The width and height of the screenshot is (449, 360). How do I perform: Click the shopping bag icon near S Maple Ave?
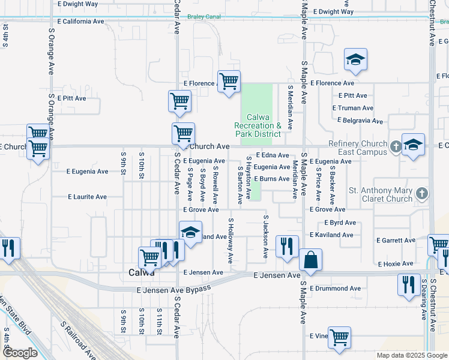tap(310, 260)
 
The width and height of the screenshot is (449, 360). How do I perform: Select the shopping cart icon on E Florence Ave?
tap(229, 82)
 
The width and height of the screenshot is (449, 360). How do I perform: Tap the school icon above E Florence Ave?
tap(355, 60)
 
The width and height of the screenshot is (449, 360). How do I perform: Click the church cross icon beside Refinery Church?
tap(396, 146)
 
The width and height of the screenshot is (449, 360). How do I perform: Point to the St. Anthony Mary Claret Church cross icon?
tap(423, 194)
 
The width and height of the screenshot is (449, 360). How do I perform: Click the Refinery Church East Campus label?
tap(358, 148)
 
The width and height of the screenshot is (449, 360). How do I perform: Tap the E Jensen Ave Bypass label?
tap(174, 290)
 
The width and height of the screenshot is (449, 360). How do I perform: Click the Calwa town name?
tap(142, 272)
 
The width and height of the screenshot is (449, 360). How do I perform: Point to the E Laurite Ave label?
tap(87, 196)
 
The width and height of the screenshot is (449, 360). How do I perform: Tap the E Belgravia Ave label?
tap(360, 121)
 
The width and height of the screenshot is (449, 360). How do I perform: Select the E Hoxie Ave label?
tap(396, 263)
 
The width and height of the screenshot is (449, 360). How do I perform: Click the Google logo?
tap(20, 353)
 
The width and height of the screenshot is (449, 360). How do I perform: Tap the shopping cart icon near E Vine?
tap(339, 338)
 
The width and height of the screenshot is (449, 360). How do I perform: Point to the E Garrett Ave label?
tap(396, 240)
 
